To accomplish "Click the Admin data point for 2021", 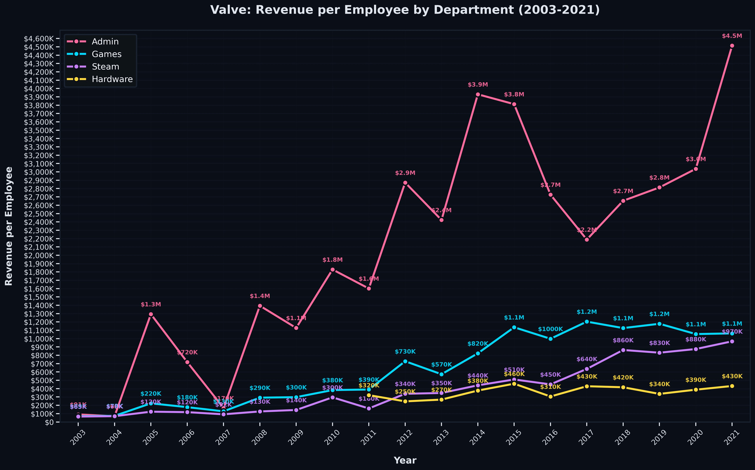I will pos(732,46).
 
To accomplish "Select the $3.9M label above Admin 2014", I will pos(478,85).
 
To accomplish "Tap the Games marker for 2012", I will pos(405,361).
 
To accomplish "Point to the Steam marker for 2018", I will pos(623,350).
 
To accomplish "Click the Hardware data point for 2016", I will pos(550,397).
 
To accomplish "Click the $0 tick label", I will pos(49,422).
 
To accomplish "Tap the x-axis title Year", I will pos(405,460).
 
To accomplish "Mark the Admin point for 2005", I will pos(151,314).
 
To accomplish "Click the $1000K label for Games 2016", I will pos(550,329).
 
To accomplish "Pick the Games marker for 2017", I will pos(587,322).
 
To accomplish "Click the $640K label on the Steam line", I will pos(587,359).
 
